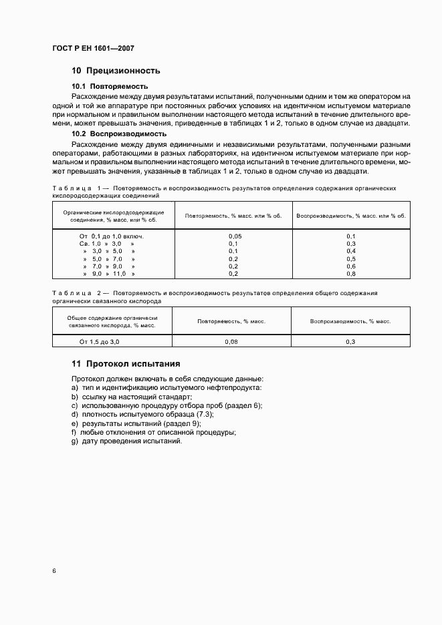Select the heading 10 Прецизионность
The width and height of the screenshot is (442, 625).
point(116,71)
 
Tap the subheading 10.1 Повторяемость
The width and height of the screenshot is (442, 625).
point(110,87)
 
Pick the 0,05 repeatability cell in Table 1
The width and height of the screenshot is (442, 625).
point(235,236)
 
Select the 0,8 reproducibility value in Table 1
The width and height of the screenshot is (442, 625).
point(351,274)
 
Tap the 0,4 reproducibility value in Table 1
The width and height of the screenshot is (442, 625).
point(351,251)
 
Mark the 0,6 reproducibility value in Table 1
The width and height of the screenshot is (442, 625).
point(351,266)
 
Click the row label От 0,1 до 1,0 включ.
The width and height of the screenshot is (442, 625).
point(112,236)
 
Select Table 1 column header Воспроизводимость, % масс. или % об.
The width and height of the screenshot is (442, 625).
point(351,216)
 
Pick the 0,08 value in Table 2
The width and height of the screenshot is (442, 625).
point(231,342)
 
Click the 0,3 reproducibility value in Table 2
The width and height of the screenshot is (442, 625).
point(350,342)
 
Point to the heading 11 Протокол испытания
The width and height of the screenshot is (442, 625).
point(126,364)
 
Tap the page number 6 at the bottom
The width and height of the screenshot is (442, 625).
point(54,572)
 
